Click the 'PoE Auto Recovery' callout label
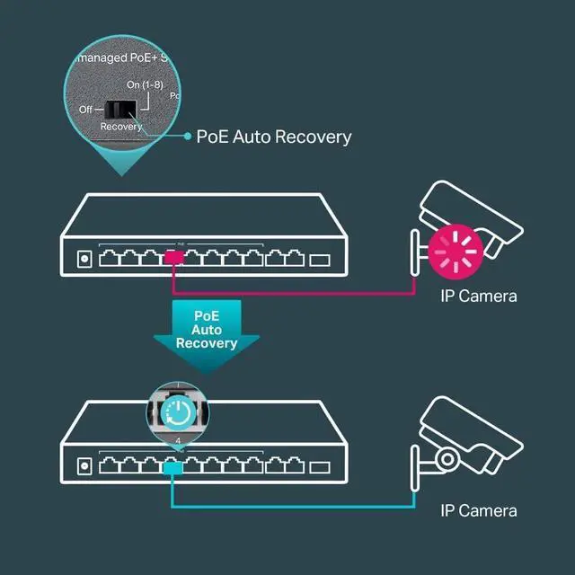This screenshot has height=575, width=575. pyautogui.click(x=274, y=137)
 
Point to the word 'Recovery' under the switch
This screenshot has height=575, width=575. pyautogui.click(x=121, y=127)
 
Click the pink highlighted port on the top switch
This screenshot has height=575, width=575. pyautogui.click(x=174, y=259)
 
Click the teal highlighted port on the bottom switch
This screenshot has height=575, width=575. pyautogui.click(x=174, y=466)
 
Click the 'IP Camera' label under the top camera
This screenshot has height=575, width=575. pyautogui.click(x=478, y=296)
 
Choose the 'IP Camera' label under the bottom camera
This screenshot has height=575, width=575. pyautogui.click(x=478, y=510)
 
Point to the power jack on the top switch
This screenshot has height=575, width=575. pyautogui.click(x=84, y=259)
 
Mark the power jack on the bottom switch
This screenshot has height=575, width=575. pyautogui.click(x=84, y=466)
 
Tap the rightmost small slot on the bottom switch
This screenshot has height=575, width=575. pyautogui.click(x=320, y=467)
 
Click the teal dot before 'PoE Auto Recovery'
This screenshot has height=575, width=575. pyautogui.click(x=187, y=137)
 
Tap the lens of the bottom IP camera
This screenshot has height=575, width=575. pyautogui.click(x=447, y=460)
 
